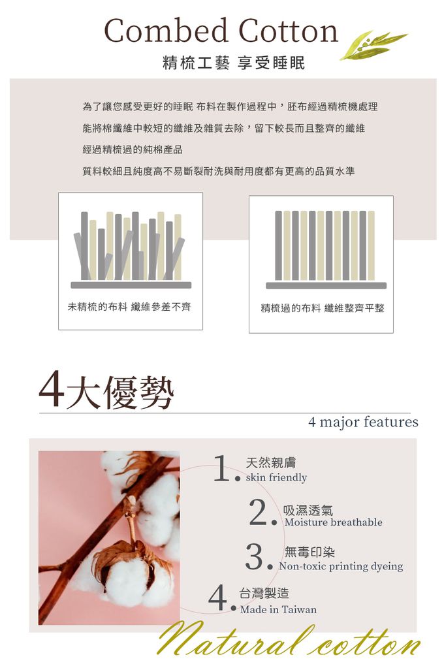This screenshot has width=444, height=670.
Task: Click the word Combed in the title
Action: pyautogui.click(x=166, y=31)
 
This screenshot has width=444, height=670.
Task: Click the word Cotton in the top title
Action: pyautogui.click(x=288, y=31)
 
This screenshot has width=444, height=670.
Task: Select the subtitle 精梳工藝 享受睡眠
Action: pyautogui.click(x=233, y=63)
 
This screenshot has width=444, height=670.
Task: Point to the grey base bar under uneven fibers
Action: pyautogui.click(x=131, y=285)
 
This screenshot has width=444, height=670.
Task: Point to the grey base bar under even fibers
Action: pyautogui.click(x=326, y=285)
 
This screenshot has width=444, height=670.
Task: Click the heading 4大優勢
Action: pyautogui.click(x=106, y=391)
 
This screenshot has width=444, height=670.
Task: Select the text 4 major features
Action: pyautogui.click(x=363, y=422)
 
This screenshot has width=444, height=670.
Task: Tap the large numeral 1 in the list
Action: pyautogui.click(x=222, y=469)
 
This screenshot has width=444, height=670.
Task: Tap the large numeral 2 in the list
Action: pyautogui.click(x=259, y=513)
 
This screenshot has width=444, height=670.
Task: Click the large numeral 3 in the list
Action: pyautogui.click(x=255, y=556)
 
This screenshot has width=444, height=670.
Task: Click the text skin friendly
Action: pyautogui.click(x=276, y=477)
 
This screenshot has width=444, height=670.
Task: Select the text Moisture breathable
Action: pyautogui.click(x=333, y=522)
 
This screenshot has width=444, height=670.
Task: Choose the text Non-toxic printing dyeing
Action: pyautogui.click(x=341, y=566)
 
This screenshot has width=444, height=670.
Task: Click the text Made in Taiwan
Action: pyautogui.click(x=278, y=609)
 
